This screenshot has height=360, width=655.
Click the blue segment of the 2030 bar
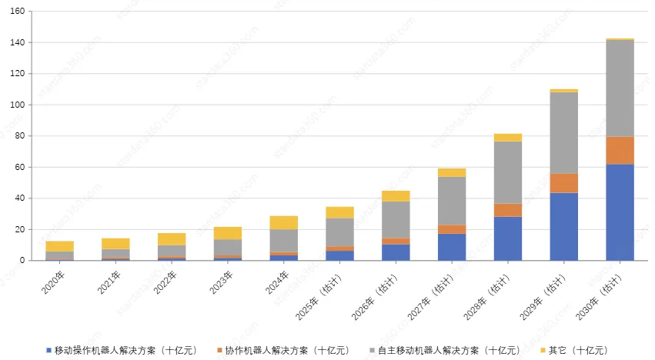(620, 212)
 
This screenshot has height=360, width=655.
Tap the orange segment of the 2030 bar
(620, 151)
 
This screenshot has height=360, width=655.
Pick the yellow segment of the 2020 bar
(60, 246)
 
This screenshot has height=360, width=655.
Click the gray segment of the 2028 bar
(508, 172)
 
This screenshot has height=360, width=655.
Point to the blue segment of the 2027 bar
(452, 247)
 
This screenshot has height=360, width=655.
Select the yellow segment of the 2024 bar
(284, 222)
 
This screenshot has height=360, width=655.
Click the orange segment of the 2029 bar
(563, 183)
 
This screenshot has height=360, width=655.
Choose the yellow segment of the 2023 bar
(228, 233)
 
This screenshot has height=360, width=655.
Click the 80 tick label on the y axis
(21, 136)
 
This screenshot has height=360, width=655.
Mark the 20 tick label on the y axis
(21, 230)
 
